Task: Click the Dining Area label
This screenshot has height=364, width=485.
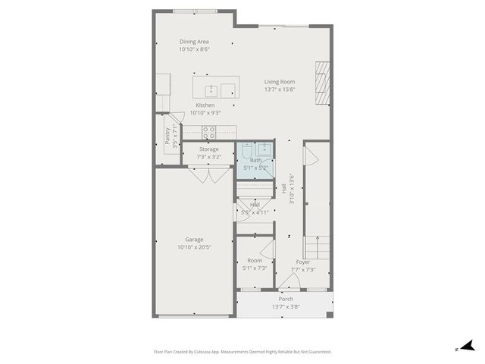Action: [194, 42]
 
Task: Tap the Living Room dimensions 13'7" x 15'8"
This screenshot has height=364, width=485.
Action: [280, 89]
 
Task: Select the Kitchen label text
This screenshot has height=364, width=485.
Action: [205, 105]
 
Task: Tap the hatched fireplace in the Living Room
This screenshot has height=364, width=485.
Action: [324, 83]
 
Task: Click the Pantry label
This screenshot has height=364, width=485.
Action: [167, 136]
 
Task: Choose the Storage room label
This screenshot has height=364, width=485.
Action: [209, 149]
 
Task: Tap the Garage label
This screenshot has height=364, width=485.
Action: [194, 239]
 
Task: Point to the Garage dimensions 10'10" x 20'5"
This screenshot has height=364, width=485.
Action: [194, 247]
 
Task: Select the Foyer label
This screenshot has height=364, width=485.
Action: [302, 262]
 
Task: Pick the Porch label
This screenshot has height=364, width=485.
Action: [286, 299]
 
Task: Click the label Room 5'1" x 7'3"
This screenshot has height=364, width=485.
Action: [255, 265]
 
